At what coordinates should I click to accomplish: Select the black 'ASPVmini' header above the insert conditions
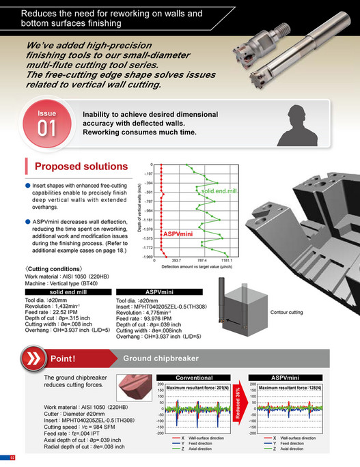point(157,292)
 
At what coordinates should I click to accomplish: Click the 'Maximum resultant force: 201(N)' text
point(199,388)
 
